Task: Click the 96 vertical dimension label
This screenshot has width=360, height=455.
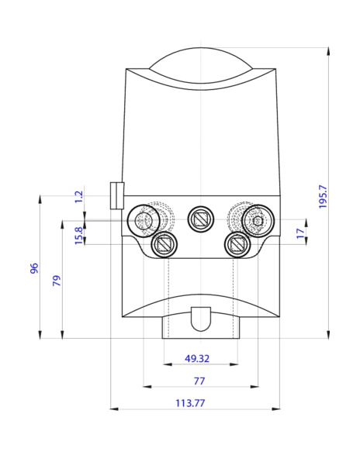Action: (x=33, y=268)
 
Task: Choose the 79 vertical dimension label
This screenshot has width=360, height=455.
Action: (x=56, y=280)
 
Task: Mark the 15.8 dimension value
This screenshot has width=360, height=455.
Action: (x=78, y=234)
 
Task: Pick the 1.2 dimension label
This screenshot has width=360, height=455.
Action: (x=78, y=197)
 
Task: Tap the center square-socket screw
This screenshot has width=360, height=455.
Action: (x=201, y=220)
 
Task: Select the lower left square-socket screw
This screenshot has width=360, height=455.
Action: (x=164, y=245)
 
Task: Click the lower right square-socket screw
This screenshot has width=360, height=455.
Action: (x=236, y=245)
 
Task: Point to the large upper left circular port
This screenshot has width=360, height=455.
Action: (x=144, y=220)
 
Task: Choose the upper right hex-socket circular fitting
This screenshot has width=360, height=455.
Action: (x=257, y=221)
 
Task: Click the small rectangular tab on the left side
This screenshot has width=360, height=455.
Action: (x=116, y=196)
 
